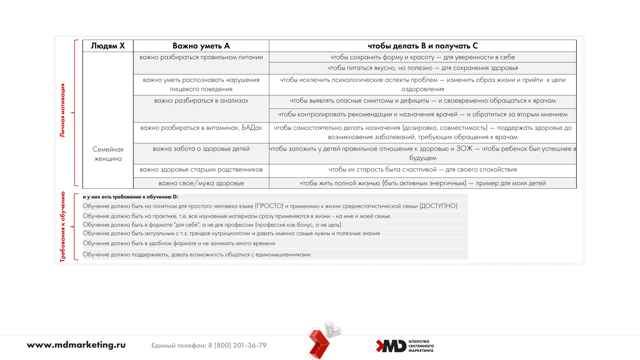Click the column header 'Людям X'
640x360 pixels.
[108, 46]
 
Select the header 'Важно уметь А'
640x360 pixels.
[201, 46]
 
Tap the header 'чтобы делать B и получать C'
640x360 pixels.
[423, 46]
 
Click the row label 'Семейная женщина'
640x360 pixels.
[108, 154]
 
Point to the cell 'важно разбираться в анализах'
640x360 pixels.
[201, 101]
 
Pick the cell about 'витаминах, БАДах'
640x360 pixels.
[201, 128]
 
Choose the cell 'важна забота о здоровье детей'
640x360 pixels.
[201, 149]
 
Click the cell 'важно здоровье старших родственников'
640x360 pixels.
[201, 170]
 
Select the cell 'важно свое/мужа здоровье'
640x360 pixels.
[201, 183]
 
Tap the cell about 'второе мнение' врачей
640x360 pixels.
[423, 115]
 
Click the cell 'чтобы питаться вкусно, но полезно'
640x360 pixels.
[423, 68]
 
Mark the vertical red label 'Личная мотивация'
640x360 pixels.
[62, 110]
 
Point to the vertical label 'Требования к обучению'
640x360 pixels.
[62, 227]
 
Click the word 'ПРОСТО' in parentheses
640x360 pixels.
[269, 206]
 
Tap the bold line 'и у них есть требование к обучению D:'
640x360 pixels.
[130, 197]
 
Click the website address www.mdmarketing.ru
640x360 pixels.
[76, 345]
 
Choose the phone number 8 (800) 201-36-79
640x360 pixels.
[237, 346]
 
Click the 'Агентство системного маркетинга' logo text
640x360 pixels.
[421, 346]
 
